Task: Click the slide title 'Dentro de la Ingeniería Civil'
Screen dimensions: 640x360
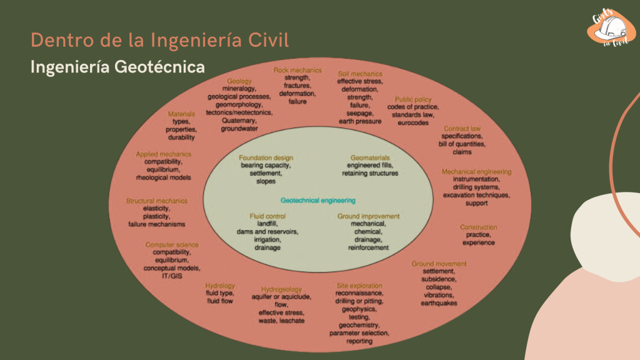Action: click(159, 40)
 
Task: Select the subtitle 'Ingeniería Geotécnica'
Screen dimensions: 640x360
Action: click(117, 66)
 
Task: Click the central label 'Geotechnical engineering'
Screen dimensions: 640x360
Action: click(318, 201)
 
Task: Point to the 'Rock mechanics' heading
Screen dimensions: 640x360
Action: click(297, 70)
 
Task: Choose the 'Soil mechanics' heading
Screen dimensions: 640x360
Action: click(360, 73)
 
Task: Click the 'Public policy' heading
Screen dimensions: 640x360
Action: click(414, 99)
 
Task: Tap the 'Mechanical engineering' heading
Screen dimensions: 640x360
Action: click(476, 171)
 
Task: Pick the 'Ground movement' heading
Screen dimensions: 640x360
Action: click(439, 264)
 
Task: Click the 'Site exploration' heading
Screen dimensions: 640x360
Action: click(359, 285)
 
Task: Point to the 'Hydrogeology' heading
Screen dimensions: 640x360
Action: click(281, 289)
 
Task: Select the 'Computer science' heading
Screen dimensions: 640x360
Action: click(172, 244)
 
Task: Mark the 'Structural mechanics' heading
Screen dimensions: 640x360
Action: click(156, 201)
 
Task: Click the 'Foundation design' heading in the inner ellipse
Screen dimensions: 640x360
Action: click(266, 157)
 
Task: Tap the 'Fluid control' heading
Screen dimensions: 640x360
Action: click(267, 216)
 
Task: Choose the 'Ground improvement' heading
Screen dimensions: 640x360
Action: click(368, 216)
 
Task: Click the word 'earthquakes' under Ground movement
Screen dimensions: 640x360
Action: click(439, 303)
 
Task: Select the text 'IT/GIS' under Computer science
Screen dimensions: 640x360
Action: click(172, 275)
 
